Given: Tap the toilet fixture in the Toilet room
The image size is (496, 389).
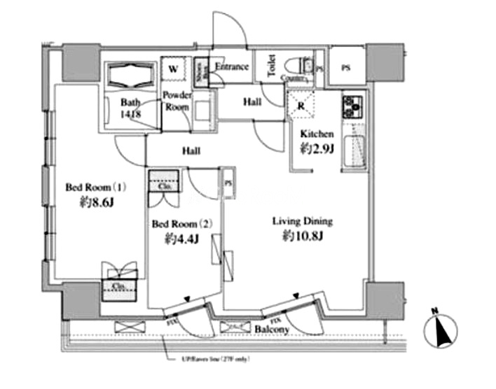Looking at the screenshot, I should tap(306, 65).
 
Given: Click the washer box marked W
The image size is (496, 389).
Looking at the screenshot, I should tap(172, 69).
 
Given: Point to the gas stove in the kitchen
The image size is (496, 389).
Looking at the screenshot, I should tap(351, 106).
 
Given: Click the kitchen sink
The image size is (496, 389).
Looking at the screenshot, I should tap(353, 150).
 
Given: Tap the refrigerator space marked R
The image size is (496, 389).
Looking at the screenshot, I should tap(301, 106).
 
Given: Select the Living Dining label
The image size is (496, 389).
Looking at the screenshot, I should tap(302, 222).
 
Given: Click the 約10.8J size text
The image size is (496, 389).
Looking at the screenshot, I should tap(302, 238).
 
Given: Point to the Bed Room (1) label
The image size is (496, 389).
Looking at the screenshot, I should tap(95, 188).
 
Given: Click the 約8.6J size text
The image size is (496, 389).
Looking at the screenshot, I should tap(95, 204).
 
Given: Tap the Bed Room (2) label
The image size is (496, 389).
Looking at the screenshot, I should tap(182, 224).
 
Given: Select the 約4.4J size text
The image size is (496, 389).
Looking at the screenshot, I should tap(181, 239).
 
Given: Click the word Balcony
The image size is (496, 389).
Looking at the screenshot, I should tap(272, 329).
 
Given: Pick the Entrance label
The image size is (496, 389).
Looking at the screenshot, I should tap(231, 67).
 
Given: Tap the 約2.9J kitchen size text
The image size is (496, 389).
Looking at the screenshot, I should tap(317, 148).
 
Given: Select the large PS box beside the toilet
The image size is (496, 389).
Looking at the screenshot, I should tap(345, 68).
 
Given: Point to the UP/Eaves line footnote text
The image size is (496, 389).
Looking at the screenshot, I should tap(211, 360).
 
